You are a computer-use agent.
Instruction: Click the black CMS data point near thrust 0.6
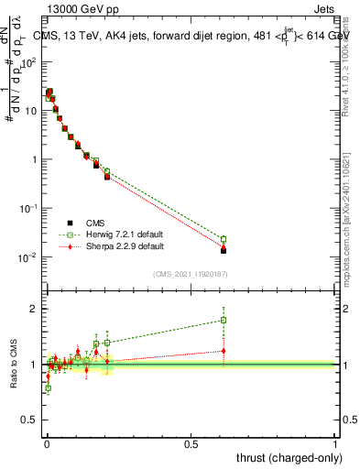pos(224,250)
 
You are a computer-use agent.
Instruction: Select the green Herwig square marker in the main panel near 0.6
pos(224,239)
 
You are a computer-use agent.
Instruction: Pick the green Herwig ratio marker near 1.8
pos(224,320)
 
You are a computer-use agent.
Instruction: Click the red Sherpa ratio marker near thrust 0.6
pos(224,350)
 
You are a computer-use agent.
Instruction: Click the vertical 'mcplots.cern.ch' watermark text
pos(352,247)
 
